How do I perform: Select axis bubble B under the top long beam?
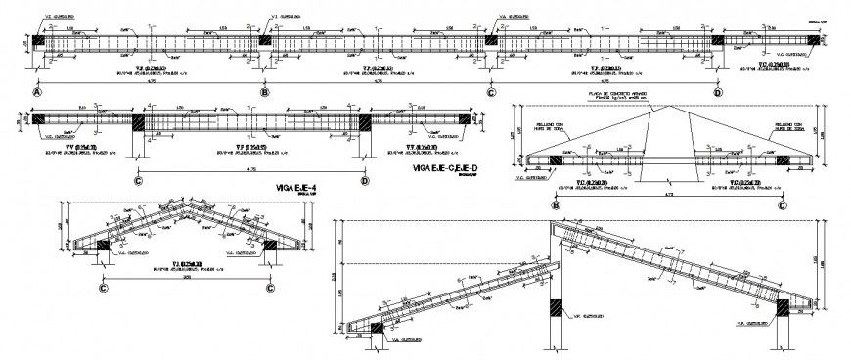264,91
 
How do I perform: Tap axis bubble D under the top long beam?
717,91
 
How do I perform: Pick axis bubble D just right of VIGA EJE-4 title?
364,180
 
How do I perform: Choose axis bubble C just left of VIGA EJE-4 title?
138,180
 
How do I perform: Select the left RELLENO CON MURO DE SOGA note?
556,128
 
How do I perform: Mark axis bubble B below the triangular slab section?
556,204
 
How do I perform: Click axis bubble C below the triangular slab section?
782,204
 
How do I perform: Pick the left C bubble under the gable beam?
105,288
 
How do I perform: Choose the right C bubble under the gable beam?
270,288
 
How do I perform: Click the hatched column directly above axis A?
38,41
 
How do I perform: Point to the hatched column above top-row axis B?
264,41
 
